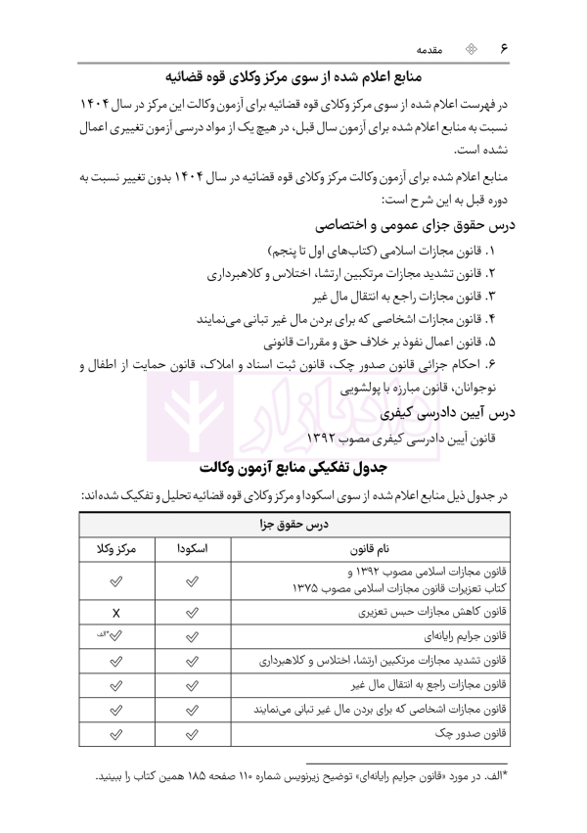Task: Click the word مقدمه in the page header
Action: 431,47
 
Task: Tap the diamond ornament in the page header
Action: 470,47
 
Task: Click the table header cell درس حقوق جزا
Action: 293,525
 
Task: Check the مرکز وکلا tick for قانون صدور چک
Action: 115,731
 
